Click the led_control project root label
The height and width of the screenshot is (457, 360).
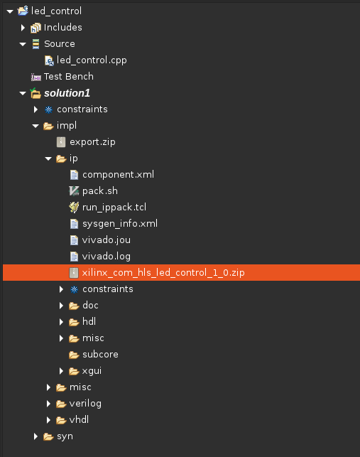pyautogui.click(x=56, y=11)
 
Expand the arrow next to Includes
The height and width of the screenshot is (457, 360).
pyautogui.click(x=23, y=28)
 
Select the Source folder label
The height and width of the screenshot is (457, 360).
pyautogui.click(x=60, y=44)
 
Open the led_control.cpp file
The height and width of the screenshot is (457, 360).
pyautogui.click(x=92, y=60)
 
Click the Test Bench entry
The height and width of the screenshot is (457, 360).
pyautogui.click(x=69, y=76)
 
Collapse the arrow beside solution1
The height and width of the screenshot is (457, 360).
pyautogui.click(x=23, y=93)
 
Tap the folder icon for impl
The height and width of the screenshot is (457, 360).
pyautogui.click(x=48, y=126)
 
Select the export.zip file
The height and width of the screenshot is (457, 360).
pyautogui.click(x=92, y=142)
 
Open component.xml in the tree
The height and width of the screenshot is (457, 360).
pyautogui.click(x=118, y=175)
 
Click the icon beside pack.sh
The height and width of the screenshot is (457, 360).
pyautogui.click(x=74, y=191)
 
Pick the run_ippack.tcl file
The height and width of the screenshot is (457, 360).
pyautogui.click(x=114, y=208)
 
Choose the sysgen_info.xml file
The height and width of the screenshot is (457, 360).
pyautogui.click(x=120, y=224)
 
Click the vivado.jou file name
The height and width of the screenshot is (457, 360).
pyautogui.click(x=107, y=240)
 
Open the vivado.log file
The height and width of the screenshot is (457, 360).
pyautogui.click(x=107, y=256)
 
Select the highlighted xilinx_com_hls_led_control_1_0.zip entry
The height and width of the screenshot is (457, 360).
pyautogui.click(x=163, y=272)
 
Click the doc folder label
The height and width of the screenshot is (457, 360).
pyautogui.click(x=90, y=305)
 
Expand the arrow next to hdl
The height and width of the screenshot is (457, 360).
pyautogui.click(x=62, y=322)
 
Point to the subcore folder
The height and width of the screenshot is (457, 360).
pyautogui.click(x=100, y=355)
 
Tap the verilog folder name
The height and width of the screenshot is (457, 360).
pyautogui.click(x=85, y=404)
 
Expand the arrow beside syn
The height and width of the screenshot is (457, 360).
pyautogui.click(x=36, y=436)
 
